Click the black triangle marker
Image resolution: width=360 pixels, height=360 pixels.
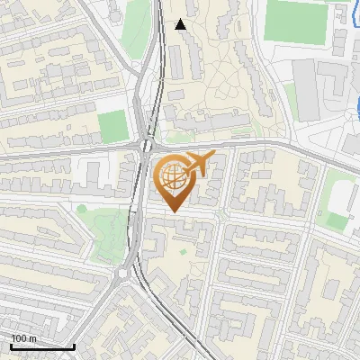pyautogui.click(x=181, y=24)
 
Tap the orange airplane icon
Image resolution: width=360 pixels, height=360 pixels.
pyautogui.click(x=197, y=164)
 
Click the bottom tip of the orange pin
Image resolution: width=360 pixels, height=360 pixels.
pyautogui.click(x=173, y=212)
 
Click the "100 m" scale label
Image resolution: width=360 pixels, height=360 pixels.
pyautogui.click(x=23, y=338)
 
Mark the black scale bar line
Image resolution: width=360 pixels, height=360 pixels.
pyautogui.click(x=42, y=346)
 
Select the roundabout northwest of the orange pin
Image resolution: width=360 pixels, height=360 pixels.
pyautogui.click(x=148, y=144)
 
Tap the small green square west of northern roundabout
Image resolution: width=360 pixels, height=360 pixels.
pyautogui.click(x=112, y=126)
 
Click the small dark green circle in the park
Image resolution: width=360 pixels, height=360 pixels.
pyautogui.click(x=82, y=210)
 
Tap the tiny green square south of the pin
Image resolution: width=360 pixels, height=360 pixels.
pyautogui.click(x=183, y=252)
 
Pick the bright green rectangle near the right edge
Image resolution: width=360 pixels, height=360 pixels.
pyautogui.click(x=337, y=221)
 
